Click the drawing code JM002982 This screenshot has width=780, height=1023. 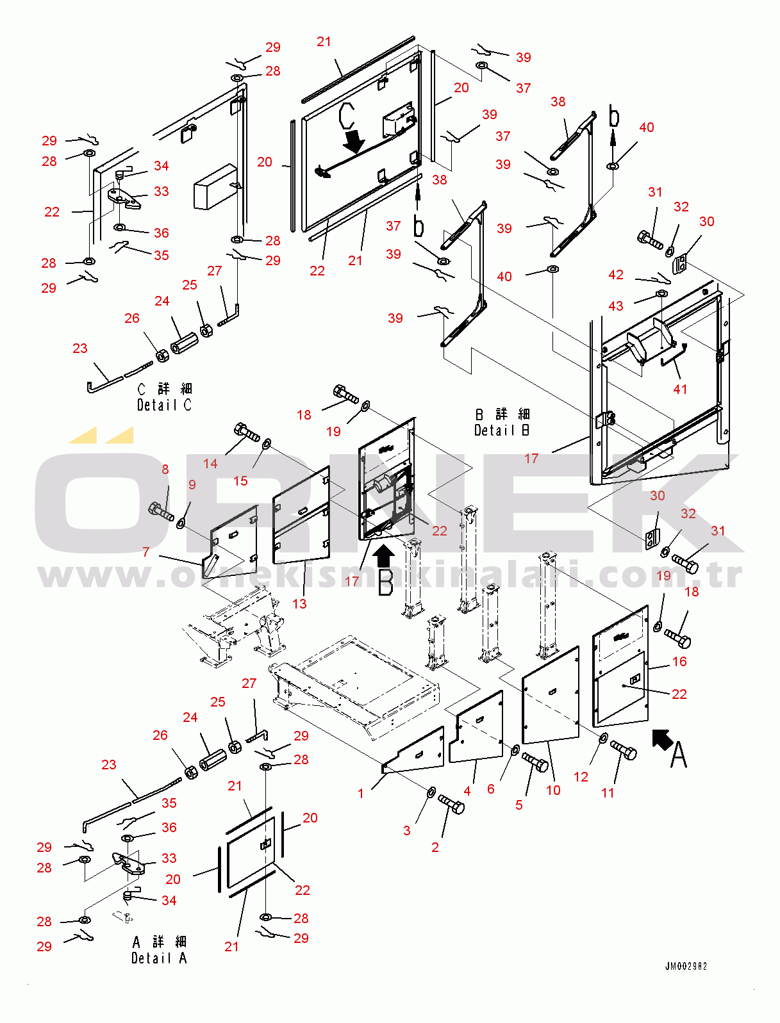pyautogui.click(x=686, y=966)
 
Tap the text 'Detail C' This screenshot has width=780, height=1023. pyautogui.click(x=164, y=405)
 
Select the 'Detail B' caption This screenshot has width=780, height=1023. pyautogui.click(x=502, y=430)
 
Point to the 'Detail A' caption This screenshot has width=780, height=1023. pyautogui.click(x=159, y=958)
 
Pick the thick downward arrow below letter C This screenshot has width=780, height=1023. pyautogui.click(x=354, y=141)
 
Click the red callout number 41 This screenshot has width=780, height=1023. pyautogui.click(x=680, y=389)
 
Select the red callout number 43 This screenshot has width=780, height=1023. pyautogui.click(x=615, y=306)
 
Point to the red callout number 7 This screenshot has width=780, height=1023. pyautogui.click(x=146, y=552)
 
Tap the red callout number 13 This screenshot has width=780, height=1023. pyautogui.click(x=299, y=603)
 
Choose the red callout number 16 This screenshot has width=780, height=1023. pyautogui.click(x=679, y=661)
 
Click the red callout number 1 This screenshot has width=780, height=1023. pyautogui.click(x=360, y=793)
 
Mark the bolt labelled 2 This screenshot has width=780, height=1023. pyautogui.click(x=451, y=805)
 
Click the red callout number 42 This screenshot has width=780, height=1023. pyautogui.click(x=615, y=275)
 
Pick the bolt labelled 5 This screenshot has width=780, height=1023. pyautogui.click(x=535, y=762)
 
